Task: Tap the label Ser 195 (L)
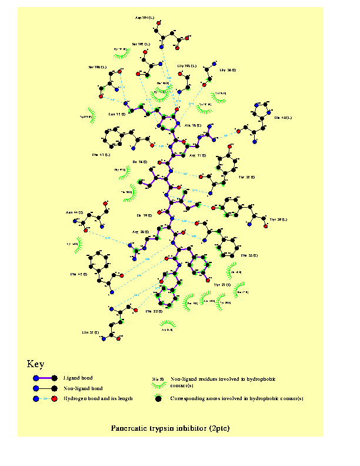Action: pos(141,44)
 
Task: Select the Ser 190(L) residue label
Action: pos(98,67)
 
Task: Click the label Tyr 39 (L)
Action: pos(278,219)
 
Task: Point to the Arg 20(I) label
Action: pos(141,232)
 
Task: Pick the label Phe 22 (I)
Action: pos(154,311)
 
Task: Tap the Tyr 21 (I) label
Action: pos(222,285)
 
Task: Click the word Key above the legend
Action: pos(35,364)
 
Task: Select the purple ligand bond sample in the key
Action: pos(45,378)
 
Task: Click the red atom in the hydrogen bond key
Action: pos(54,399)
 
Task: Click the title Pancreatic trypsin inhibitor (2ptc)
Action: pos(170,428)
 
